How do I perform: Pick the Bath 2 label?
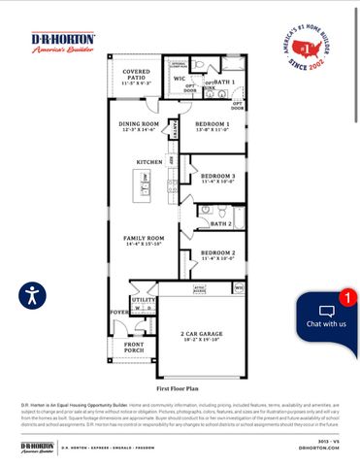pyautogui.click(x=220, y=223)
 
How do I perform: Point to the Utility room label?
pyautogui.click(x=144, y=301)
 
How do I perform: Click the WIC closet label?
pyautogui.click(x=179, y=79)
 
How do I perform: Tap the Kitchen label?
pyautogui.click(x=148, y=161)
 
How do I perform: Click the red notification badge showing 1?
pyautogui.click(x=346, y=298)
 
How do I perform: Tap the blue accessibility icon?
pyautogui.click(x=32, y=294)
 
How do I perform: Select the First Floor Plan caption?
pyautogui.click(x=180, y=385)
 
